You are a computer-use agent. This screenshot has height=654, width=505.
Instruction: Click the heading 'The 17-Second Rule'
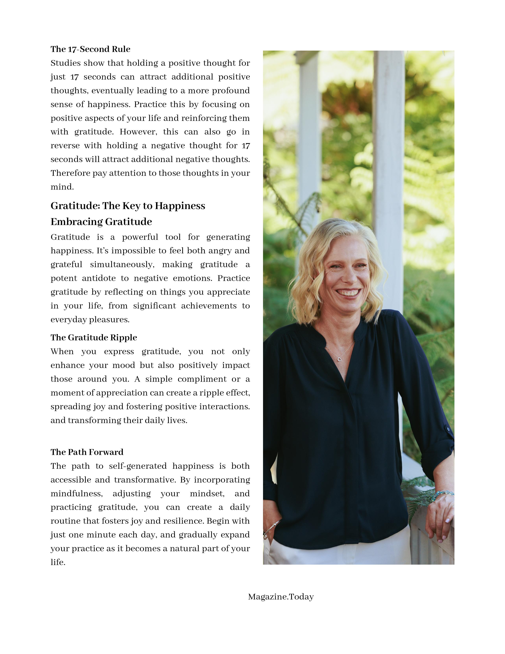coord(90,49)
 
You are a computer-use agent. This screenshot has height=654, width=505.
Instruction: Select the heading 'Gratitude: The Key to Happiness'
coord(128,206)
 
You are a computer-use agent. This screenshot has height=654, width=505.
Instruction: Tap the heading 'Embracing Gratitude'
coord(101,222)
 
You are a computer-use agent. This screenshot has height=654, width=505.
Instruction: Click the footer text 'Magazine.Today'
coord(281,597)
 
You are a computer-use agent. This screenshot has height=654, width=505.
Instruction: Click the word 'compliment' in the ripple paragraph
coord(202,379)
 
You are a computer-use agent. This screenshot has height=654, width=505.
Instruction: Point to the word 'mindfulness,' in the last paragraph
coord(77,494)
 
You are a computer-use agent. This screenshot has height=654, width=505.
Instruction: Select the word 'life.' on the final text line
coord(58,562)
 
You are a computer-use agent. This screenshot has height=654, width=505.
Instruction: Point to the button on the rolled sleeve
coord(448,429)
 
